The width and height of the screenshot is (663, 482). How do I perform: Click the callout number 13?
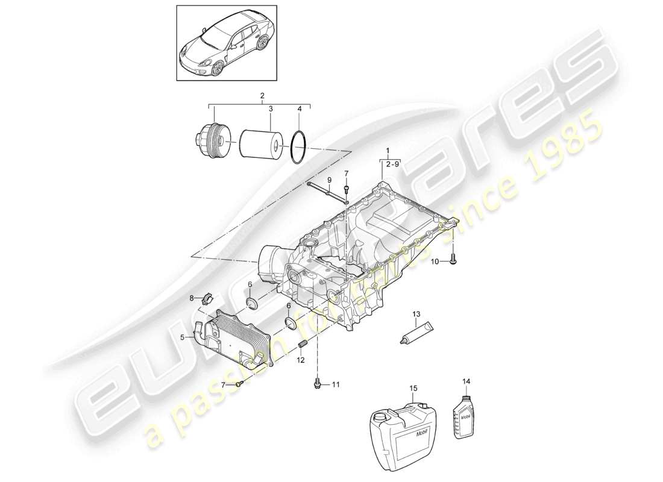pos(415,314)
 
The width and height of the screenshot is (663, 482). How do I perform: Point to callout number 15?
pos(413,389)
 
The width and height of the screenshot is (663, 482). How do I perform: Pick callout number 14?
pos(465,381)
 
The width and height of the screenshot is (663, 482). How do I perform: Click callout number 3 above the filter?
pos(271,109)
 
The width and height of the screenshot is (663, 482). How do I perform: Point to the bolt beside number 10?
pos(453,260)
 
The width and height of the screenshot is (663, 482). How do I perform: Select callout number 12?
pos(300,360)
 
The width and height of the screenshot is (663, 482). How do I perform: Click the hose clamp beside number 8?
pos(207,298)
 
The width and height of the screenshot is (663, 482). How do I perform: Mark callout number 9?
pos(330,180)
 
